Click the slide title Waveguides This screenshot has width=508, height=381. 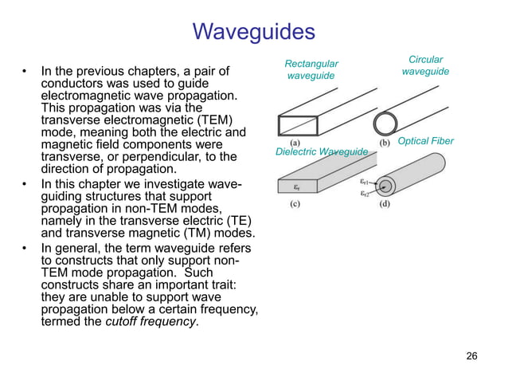click(x=254, y=33)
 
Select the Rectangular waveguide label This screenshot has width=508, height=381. click(x=311, y=69)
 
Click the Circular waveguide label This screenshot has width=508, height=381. click(x=425, y=65)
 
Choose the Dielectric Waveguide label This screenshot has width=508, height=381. click(x=322, y=151)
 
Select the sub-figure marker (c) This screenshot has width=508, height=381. click(x=294, y=203)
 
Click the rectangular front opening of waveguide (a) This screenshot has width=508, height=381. click(x=296, y=126)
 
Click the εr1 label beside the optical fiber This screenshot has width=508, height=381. click(x=365, y=182)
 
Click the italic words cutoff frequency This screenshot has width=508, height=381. click(x=158, y=321)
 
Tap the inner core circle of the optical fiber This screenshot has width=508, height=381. click(x=386, y=187)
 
